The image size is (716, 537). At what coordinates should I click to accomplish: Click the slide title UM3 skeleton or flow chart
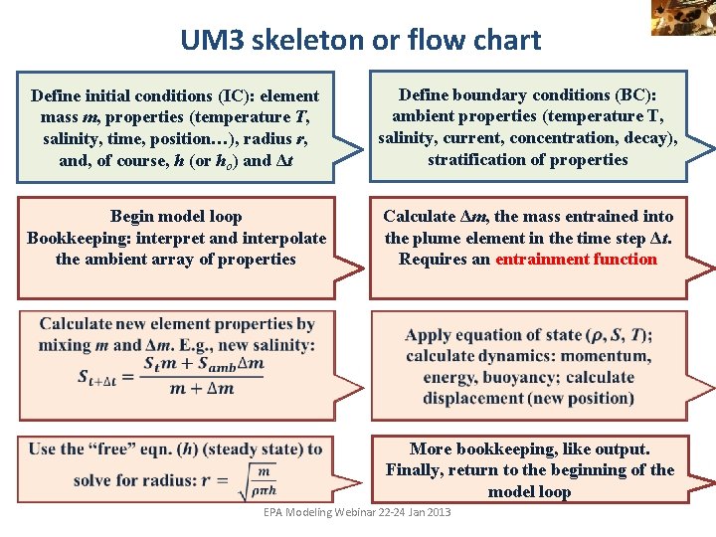(x=360, y=40)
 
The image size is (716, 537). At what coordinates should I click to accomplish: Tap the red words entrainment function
(x=576, y=260)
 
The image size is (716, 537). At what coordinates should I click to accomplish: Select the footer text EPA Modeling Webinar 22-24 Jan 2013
(x=357, y=512)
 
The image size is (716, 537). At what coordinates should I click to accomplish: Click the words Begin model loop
(x=176, y=216)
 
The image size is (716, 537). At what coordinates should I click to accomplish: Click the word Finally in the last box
(x=420, y=470)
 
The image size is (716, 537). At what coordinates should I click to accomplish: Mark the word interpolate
(x=281, y=238)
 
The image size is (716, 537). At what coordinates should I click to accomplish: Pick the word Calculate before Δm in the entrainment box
(x=420, y=216)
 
